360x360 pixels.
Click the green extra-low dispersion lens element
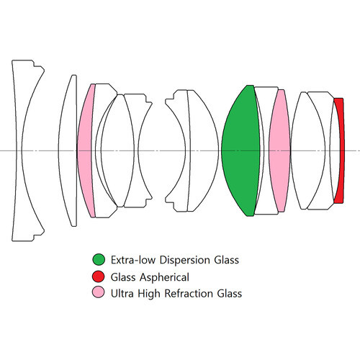pyautogui.click(x=240, y=150)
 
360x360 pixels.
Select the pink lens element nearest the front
pyautogui.click(x=84, y=150)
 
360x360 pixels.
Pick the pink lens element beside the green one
pyautogui.click(x=279, y=150)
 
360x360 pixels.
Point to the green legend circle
pyautogui.click(x=99, y=260)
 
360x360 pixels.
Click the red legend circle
pyautogui.click(x=99, y=276)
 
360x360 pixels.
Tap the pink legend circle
pyautogui.click(x=99, y=292)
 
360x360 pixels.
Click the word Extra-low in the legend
pyautogui.click(x=133, y=260)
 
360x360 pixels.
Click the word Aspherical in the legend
pyautogui.click(x=164, y=278)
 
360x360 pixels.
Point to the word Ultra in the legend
pyautogui.click(x=122, y=294)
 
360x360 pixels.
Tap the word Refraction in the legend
pyautogui.click(x=192, y=294)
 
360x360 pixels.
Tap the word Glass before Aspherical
pyautogui.click(x=123, y=277)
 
